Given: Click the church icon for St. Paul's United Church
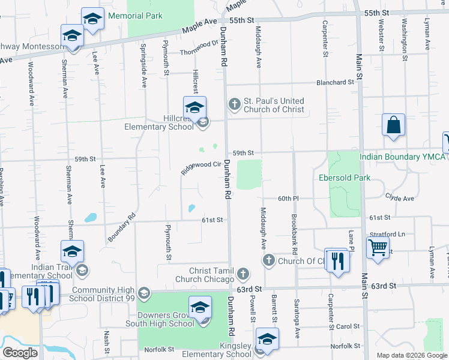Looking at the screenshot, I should click(234, 105).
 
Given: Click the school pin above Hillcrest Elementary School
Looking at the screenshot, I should click(194, 109).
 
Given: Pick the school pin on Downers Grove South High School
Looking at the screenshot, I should click(200, 309).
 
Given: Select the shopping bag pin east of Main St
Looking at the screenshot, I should click(393, 126).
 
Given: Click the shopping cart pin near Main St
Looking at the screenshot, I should click(377, 247).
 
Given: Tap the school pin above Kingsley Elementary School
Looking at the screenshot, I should click(267, 339).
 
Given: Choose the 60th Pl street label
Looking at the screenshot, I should click(288, 198).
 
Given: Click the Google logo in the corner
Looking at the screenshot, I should click(20, 353).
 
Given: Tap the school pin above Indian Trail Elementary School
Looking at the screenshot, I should click(72, 252).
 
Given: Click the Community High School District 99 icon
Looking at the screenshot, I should click(143, 293).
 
